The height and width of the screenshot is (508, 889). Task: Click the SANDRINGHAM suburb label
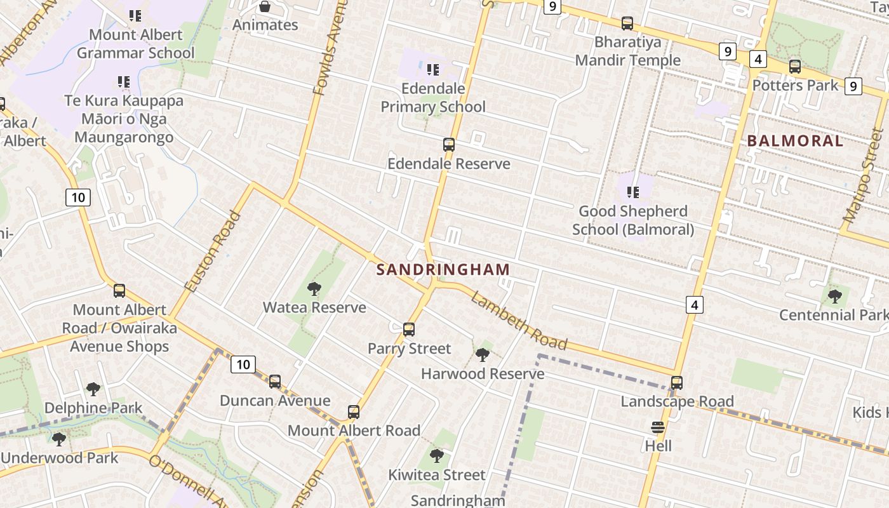pyautogui.click(x=443, y=269)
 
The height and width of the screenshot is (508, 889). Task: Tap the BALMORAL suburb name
pyautogui.click(x=795, y=141)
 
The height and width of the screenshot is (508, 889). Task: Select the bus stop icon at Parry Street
pyautogui.click(x=409, y=330)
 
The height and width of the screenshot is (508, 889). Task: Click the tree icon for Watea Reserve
pyautogui.click(x=314, y=290)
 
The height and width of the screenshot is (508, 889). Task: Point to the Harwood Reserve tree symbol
pyautogui.click(x=483, y=355)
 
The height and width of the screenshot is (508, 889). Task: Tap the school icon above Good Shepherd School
pyautogui.click(x=632, y=192)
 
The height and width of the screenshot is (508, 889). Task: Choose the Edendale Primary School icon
pyautogui.click(x=433, y=69)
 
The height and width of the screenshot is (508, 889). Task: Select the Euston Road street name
pyautogui.click(x=213, y=251)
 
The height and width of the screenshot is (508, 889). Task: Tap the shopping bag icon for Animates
pyautogui.click(x=265, y=7)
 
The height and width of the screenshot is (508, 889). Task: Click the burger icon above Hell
pyautogui.click(x=658, y=427)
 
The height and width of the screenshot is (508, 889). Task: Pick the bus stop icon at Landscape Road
pyautogui.click(x=677, y=383)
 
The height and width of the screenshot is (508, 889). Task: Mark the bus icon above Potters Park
pyautogui.click(x=794, y=67)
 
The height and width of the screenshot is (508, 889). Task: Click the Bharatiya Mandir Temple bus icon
pyautogui.click(x=627, y=23)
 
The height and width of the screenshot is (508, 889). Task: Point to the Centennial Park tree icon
pyautogui.click(x=834, y=296)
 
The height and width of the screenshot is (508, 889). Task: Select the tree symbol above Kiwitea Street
pyautogui.click(x=436, y=455)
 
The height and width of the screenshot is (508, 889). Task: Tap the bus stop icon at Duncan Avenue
pyautogui.click(x=275, y=382)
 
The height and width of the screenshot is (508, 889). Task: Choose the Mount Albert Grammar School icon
pyautogui.click(x=135, y=15)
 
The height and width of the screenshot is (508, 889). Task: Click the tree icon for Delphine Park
pyautogui.click(x=93, y=389)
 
